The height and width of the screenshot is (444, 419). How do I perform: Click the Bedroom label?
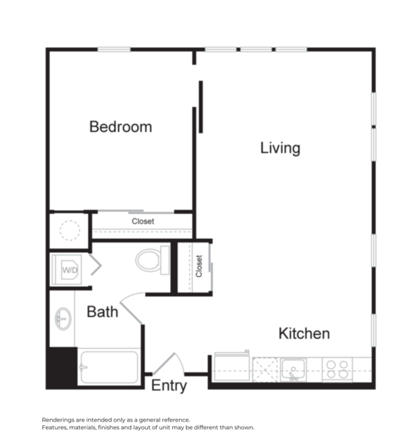point(120,127)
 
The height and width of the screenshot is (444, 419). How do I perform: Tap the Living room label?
point(280,148)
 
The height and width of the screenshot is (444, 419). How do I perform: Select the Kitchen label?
point(304,334)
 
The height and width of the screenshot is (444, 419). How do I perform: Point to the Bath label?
point(102,312)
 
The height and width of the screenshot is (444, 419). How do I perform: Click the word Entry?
point(169,386)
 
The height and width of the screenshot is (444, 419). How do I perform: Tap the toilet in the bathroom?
point(153,260)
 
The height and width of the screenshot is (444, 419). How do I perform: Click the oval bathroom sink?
point(62,320)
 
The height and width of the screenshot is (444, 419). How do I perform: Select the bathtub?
point(109,367)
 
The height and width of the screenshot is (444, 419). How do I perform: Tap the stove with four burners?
point(338,369)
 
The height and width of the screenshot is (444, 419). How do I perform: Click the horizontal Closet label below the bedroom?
point(142,222)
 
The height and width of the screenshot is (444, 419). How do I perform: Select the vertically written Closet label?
point(199,266)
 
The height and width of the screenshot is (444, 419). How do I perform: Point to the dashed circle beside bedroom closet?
point(69,231)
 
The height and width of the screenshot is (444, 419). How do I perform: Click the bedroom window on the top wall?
point(114,49)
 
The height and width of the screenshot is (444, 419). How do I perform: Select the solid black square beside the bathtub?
point(62,366)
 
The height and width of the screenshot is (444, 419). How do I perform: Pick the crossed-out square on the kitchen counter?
point(265,369)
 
